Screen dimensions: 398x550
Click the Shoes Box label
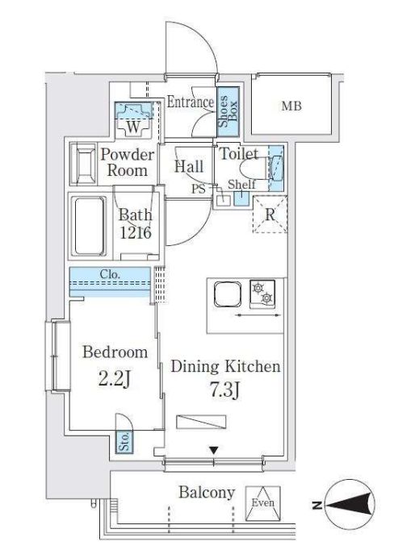click(228, 111)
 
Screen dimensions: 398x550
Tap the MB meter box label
click(291, 106)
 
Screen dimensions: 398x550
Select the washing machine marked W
click(133, 120)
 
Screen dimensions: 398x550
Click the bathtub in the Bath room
click(90, 227)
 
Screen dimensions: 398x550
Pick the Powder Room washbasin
click(84, 164)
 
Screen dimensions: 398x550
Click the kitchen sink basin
click(228, 294)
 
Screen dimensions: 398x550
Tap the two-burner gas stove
click(262, 294)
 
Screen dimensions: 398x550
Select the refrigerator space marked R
click(270, 215)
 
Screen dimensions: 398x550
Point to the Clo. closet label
click(110, 274)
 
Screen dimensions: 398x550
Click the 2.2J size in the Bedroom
click(115, 380)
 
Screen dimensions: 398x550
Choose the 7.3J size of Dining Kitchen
click(225, 390)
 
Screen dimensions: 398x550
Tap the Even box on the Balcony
click(262, 502)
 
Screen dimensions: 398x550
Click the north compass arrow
click(350, 505)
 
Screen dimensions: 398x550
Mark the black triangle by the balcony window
click(214, 450)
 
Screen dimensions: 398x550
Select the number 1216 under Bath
click(136, 232)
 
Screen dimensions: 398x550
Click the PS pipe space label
click(198, 189)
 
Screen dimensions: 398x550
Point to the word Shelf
click(241, 184)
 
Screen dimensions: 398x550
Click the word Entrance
click(190, 102)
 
